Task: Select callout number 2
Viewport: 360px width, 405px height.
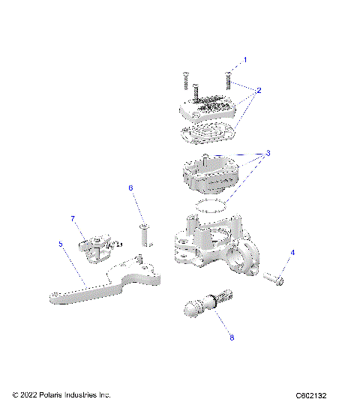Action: [x=259, y=91]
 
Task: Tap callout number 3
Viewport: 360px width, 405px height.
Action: [x=268, y=153]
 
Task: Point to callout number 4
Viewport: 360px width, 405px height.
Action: [x=293, y=253]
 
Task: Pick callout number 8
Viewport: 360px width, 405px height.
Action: [x=232, y=338]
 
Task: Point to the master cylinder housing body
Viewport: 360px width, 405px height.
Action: [x=214, y=244]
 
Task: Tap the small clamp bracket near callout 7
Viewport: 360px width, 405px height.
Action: [x=96, y=248]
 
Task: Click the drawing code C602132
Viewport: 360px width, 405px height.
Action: [x=315, y=395]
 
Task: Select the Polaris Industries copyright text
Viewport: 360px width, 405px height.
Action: [x=61, y=394]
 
